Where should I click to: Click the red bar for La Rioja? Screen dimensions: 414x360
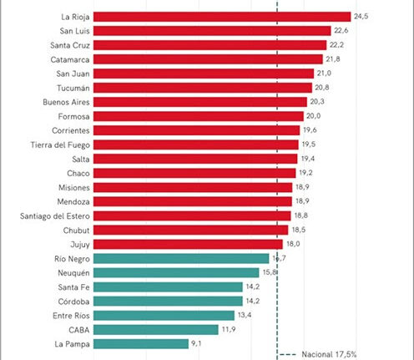[x=222, y=17]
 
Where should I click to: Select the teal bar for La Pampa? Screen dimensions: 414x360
[x=141, y=344]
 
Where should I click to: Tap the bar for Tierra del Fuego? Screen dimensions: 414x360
[x=196, y=145]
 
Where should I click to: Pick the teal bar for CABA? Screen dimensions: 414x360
[x=156, y=330]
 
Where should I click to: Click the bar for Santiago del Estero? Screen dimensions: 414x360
[x=192, y=215]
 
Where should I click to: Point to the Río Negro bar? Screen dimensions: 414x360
[x=181, y=259]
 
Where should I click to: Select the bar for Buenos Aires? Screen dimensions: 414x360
[x=200, y=102]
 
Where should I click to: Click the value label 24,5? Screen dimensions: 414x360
[x=361, y=17]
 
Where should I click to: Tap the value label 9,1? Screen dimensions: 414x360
[x=196, y=343]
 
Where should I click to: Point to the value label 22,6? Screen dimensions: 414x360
[x=341, y=30]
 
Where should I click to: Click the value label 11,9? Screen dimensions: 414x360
[x=229, y=329]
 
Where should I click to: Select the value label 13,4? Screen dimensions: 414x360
[x=245, y=315]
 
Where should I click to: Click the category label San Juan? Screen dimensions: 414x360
[x=73, y=74]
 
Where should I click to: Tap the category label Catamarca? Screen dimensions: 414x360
[x=70, y=59]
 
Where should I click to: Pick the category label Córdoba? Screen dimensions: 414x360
[x=73, y=302]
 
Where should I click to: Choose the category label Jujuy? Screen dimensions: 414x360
[x=80, y=245]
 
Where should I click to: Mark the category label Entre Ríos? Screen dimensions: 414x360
[x=71, y=316]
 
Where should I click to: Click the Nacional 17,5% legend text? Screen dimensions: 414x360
[x=329, y=354]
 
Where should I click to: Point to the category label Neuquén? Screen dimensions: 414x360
[x=73, y=273]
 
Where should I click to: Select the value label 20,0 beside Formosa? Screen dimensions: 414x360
[x=313, y=116]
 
